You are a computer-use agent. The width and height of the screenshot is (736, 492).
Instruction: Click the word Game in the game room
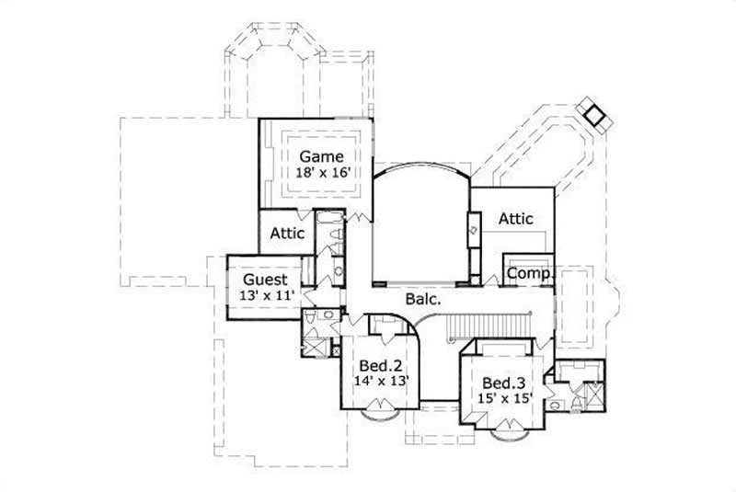click(x=319, y=156)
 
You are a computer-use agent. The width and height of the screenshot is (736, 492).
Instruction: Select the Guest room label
click(x=265, y=280)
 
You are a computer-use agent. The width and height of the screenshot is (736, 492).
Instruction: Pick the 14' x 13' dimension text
click(x=380, y=379)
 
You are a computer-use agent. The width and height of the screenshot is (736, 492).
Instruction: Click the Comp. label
click(x=529, y=273)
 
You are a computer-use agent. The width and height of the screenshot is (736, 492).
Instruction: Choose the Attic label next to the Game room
click(x=287, y=234)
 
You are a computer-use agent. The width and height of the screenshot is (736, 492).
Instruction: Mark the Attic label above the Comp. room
click(x=516, y=219)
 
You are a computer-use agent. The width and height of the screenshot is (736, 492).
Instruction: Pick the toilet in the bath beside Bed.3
click(x=558, y=402)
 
